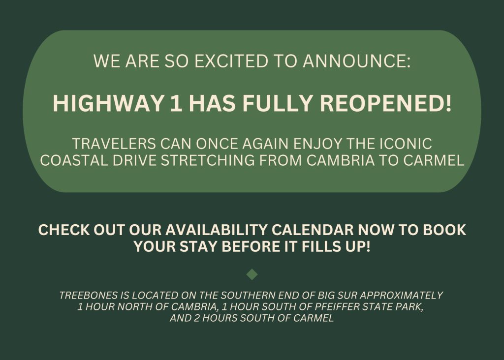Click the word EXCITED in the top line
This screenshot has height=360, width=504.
231,61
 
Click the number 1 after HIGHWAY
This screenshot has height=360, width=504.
176,103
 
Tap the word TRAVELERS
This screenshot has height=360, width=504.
114,144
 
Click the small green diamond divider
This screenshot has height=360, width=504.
252,274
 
